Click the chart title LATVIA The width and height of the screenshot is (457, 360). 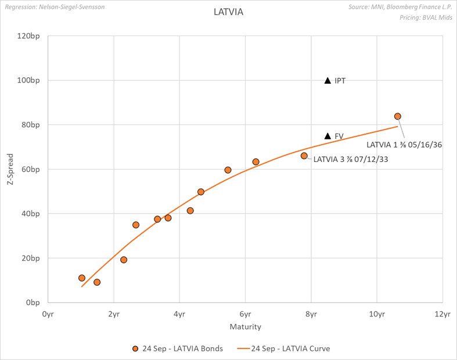click(x=228, y=12)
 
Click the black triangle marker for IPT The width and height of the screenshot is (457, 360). click(x=328, y=81)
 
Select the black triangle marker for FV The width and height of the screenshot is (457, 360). click(x=328, y=136)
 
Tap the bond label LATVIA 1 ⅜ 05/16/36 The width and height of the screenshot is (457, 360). click(x=404, y=145)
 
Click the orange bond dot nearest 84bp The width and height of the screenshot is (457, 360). click(x=398, y=117)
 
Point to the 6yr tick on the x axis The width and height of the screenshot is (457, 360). click(x=245, y=314)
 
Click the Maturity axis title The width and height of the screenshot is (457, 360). click(x=245, y=326)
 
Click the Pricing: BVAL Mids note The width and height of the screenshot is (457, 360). click(x=426, y=18)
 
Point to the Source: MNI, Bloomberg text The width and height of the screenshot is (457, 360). click(x=401, y=8)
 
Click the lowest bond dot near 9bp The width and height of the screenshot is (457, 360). click(x=97, y=282)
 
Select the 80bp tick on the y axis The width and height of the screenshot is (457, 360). click(x=32, y=125)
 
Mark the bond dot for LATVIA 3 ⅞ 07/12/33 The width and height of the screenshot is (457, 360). click(x=304, y=156)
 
